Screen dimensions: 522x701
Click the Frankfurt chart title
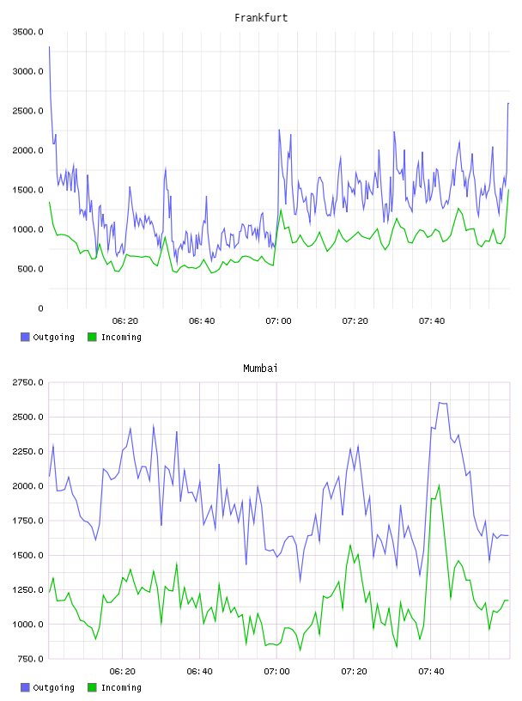click(x=261, y=18)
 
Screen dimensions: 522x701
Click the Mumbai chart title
click(x=260, y=369)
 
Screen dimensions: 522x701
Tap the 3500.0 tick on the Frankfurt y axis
click(x=28, y=32)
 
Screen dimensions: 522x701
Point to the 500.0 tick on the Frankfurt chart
click(x=31, y=269)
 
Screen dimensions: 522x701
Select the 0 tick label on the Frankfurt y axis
click(x=40, y=308)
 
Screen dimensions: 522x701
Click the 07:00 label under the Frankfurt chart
click(x=278, y=320)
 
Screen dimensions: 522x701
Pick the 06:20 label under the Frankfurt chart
click(x=125, y=320)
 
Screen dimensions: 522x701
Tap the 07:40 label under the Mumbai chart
click(x=431, y=671)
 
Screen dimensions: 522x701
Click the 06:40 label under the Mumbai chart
click(x=199, y=671)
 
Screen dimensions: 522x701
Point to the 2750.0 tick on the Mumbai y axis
click(x=28, y=382)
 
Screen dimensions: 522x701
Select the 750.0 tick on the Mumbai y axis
click(x=31, y=659)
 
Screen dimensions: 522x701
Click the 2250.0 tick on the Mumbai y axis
click(x=28, y=452)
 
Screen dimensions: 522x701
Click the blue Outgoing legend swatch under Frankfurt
click(x=25, y=337)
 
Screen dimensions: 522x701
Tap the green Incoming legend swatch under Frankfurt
click(x=92, y=337)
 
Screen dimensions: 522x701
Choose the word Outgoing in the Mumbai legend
click(x=53, y=687)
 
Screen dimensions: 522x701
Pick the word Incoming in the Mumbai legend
click(x=121, y=687)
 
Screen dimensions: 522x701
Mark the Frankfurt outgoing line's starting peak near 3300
click(x=49, y=46)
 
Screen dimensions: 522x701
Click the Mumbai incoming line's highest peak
click(x=440, y=485)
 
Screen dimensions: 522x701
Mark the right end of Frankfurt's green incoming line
click(x=508, y=190)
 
